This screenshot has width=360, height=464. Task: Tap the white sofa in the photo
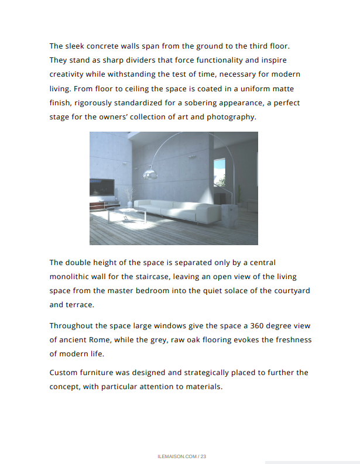coord(176,209)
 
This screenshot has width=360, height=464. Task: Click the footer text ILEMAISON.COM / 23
coord(182,456)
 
